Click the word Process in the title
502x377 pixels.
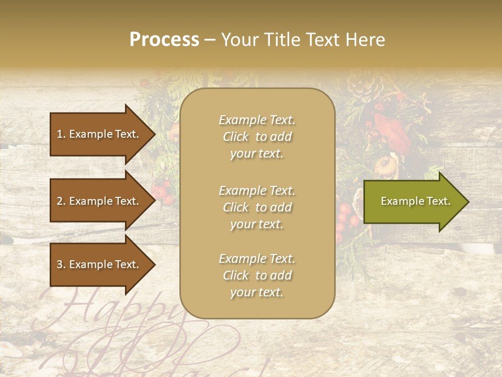[x=164, y=40]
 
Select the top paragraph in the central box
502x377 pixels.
[x=257, y=137]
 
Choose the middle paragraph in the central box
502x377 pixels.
[x=257, y=207]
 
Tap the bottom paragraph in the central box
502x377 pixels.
[x=257, y=275]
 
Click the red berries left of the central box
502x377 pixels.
[x=163, y=192]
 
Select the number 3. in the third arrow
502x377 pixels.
[x=61, y=264]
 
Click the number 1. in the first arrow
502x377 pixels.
[x=61, y=134]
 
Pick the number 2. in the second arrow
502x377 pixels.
[x=61, y=201]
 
